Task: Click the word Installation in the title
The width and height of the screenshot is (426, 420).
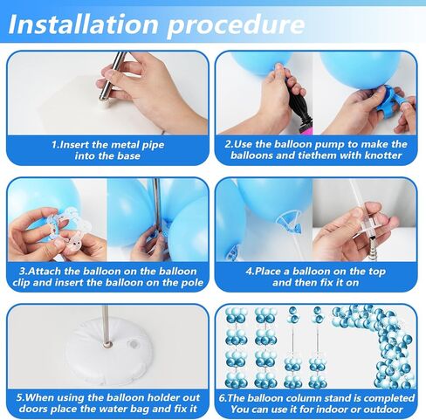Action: [84, 24]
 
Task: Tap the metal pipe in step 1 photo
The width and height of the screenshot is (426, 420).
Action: [112, 76]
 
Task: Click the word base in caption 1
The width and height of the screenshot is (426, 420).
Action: [128, 155]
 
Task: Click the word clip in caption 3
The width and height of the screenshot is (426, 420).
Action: [21, 283]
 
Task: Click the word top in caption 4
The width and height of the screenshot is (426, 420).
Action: [377, 272]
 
